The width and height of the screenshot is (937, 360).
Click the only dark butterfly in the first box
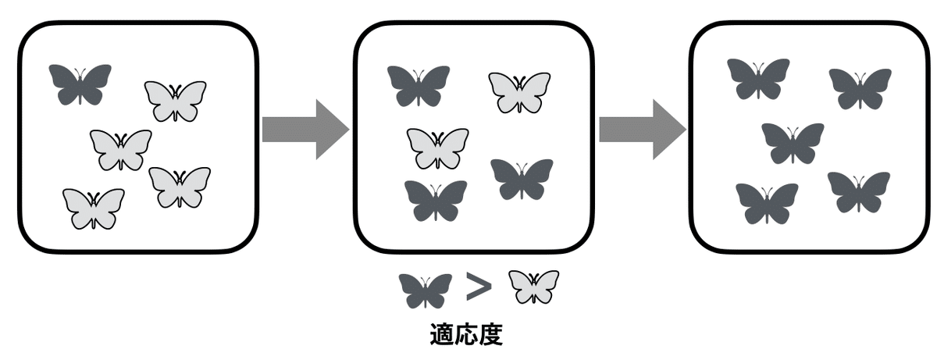pyautogui.click(x=80, y=84)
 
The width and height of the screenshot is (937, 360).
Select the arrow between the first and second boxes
pyautogui.click(x=305, y=130)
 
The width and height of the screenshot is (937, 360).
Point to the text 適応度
pyautogui.click(x=466, y=335)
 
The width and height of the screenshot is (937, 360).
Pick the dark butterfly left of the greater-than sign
pyautogui.click(x=426, y=290)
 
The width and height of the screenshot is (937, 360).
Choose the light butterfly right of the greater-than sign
pyautogui.click(x=534, y=287)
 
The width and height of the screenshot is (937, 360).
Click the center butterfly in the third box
pyautogui.click(x=793, y=142)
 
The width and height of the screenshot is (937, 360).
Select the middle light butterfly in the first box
pyautogui.click(x=121, y=148)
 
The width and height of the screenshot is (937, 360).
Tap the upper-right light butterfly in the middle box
pyautogui.click(x=520, y=91)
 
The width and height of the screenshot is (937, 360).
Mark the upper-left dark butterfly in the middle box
pyautogui.click(x=419, y=85)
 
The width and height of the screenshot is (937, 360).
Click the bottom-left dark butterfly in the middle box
pyautogui.click(x=436, y=200)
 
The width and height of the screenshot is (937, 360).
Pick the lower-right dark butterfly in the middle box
pyautogui.click(x=522, y=178)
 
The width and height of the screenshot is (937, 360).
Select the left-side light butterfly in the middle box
pyautogui.click(x=438, y=148)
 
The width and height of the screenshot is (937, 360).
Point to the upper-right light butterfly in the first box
pyautogui.click(x=176, y=100)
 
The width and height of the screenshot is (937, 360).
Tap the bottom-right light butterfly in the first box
pyautogui.click(x=180, y=186)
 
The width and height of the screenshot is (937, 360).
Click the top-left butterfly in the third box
pyautogui.click(x=758, y=78)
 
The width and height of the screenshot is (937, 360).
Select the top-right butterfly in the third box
pyautogui.click(x=860, y=87)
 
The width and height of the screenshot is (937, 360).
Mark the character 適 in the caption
pyautogui.click(x=443, y=335)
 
